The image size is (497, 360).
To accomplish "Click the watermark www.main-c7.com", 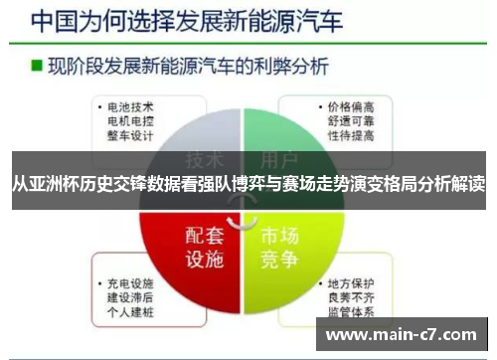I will [402, 334].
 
